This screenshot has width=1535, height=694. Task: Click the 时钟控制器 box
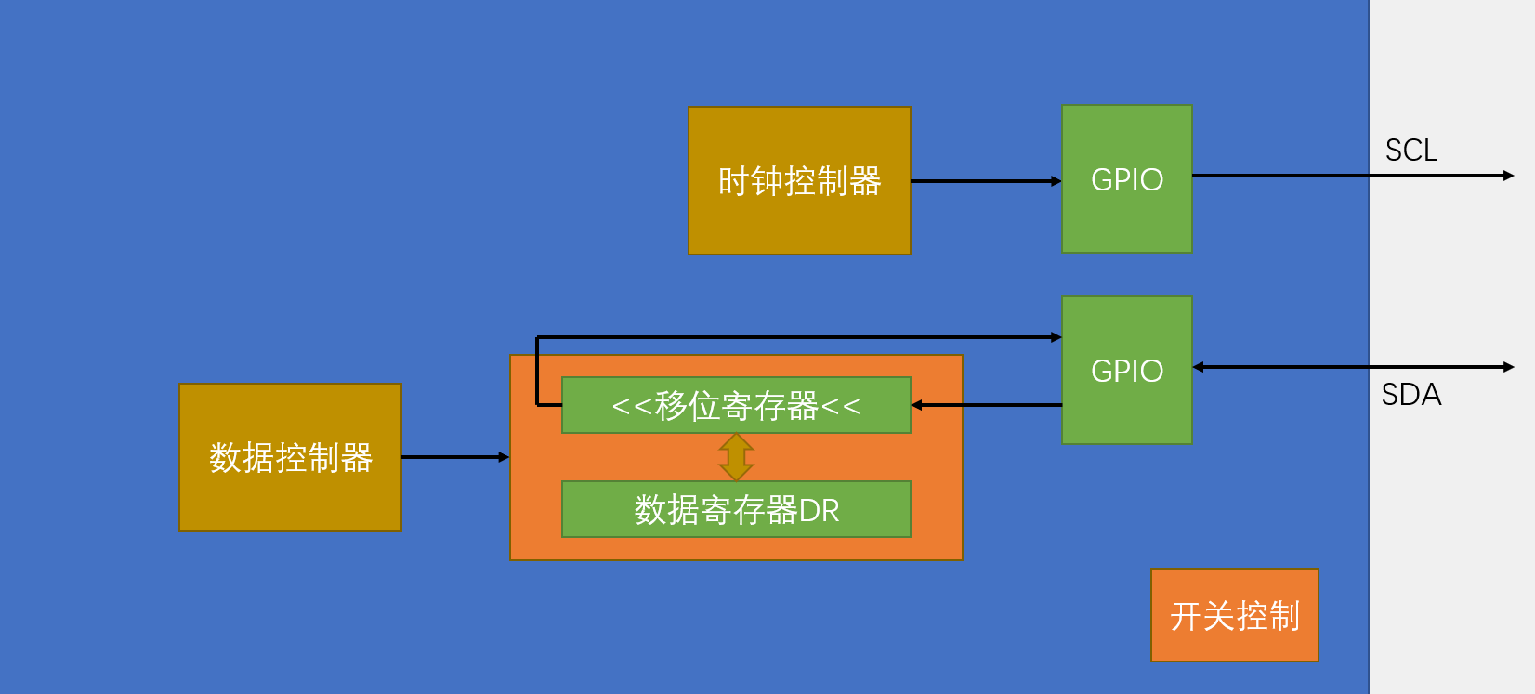click(x=799, y=180)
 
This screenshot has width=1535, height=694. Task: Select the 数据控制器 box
click(x=290, y=457)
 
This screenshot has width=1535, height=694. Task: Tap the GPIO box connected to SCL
click(x=1126, y=178)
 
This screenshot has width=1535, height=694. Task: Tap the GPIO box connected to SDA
click(x=1126, y=370)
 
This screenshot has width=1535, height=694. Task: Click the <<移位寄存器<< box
click(x=736, y=405)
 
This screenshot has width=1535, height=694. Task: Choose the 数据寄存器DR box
click(x=736, y=509)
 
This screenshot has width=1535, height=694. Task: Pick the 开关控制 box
click(x=1234, y=615)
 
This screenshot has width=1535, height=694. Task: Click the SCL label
click(x=1410, y=151)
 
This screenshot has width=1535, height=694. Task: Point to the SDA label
click(x=1410, y=395)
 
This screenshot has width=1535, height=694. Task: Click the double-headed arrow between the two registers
click(x=736, y=457)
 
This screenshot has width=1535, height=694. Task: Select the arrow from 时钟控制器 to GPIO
click(x=985, y=181)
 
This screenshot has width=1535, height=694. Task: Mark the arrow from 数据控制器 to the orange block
click(x=455, y=457)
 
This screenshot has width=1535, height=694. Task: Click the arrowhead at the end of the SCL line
click(x=1508, y=176)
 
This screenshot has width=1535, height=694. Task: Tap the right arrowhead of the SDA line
click(x=1508, y=367)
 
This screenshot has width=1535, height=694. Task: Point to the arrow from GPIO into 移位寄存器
click(x=985, y=405)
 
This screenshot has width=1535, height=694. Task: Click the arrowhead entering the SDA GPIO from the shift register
click(x=1056, y=337)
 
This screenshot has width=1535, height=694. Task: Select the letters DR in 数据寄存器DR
click(x=819, y=510)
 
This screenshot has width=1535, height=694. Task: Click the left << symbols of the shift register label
click(x=632, y=406)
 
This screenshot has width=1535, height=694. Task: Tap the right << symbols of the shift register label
click(x=841, y=406)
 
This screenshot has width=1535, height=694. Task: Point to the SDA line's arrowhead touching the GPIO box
click(x=1199, y=367)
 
